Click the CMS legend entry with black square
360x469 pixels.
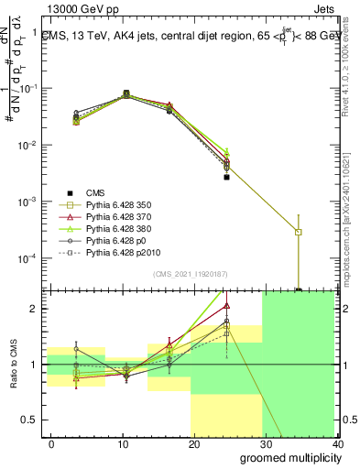[96, 193]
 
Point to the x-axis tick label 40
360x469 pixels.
[337, 444]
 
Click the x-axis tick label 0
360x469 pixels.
[51, 444]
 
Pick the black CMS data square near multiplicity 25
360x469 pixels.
[226, 177]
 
